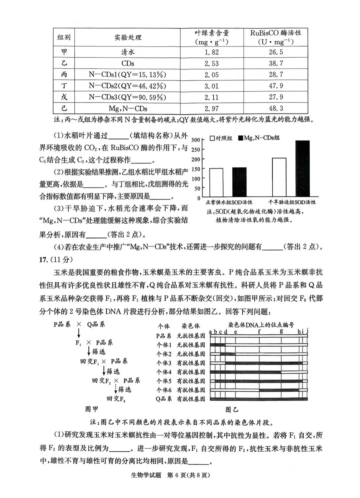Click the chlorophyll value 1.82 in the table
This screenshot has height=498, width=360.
point(212,52)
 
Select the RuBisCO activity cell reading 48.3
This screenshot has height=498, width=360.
point(276,108)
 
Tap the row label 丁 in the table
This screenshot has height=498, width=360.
point(64,86)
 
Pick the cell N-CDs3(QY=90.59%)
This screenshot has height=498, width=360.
point(127,97)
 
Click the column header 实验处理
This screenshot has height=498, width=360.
point(128,37)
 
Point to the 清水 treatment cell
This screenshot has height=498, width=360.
point(128,52)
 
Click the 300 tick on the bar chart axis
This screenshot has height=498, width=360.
point(196,140)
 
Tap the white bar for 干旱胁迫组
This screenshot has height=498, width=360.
point(279,177)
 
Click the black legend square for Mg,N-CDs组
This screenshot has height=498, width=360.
point(241,138)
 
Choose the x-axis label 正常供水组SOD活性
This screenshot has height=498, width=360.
point(229,202)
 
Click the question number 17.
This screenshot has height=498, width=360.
point(44,260)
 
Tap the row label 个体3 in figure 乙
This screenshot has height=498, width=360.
point(164,363)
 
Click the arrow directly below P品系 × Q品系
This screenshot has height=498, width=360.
point(79,333)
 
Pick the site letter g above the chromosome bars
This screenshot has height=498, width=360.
point(282,332)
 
